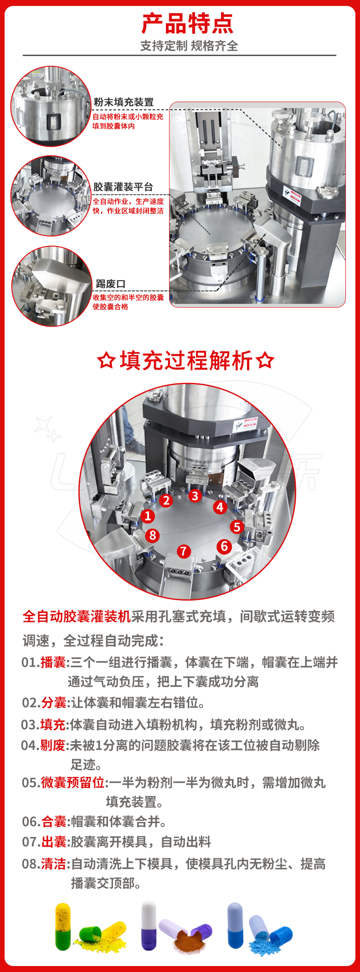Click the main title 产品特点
[x=187, y=24]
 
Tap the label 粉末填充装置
[x=123, y=102]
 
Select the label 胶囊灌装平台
[x=123, y=187]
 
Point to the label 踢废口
[x=110, y=284]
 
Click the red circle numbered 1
[x=148, y=516]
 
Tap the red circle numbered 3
[x=195, y=495]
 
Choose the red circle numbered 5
[x=237, y=527]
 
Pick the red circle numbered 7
[x=184, y=551]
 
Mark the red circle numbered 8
[x=153, y=535]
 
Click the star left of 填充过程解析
[x=106, y=360]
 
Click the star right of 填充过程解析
[x=265, y=360]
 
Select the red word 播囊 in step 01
[x=53, y=662]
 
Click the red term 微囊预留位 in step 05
[x=73, y=782]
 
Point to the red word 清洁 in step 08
[x=54, y=864]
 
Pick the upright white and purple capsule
[x=149, y=926]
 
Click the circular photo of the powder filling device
[x=51, y=106]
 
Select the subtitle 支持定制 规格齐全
[x=189, y=46]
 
